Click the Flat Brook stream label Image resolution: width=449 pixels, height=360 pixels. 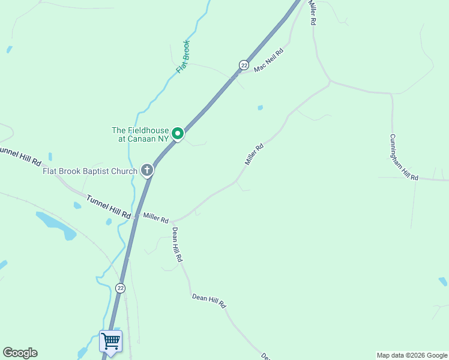pos(183,57)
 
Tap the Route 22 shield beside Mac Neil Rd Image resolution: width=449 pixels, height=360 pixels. pos(243,65)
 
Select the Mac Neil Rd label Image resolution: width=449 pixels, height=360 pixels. pos(268,61)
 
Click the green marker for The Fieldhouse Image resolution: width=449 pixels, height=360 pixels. pos(178,133)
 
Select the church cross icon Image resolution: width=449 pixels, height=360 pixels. pos(146,171)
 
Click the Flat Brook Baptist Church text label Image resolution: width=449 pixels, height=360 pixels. pos(90,172)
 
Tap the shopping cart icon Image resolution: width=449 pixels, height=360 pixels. pos(110,341)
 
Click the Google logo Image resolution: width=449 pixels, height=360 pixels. pos(20,353)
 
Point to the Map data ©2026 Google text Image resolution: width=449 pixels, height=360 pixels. pos(411,355)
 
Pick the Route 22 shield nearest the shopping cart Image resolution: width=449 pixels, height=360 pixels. pos(121,289)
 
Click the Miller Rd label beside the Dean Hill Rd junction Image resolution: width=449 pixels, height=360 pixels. pos(155,219)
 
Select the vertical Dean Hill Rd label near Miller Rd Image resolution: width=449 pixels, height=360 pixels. pos(177,244)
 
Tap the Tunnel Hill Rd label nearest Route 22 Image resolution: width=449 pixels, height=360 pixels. pos(109,206)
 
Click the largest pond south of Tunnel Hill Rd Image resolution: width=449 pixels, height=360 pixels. pos(57,224)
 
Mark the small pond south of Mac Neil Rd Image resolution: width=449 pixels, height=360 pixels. pos(260,108)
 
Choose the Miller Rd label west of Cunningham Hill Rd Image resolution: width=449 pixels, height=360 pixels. pos(255,154)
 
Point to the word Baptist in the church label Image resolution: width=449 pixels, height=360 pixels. pos(102,172)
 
